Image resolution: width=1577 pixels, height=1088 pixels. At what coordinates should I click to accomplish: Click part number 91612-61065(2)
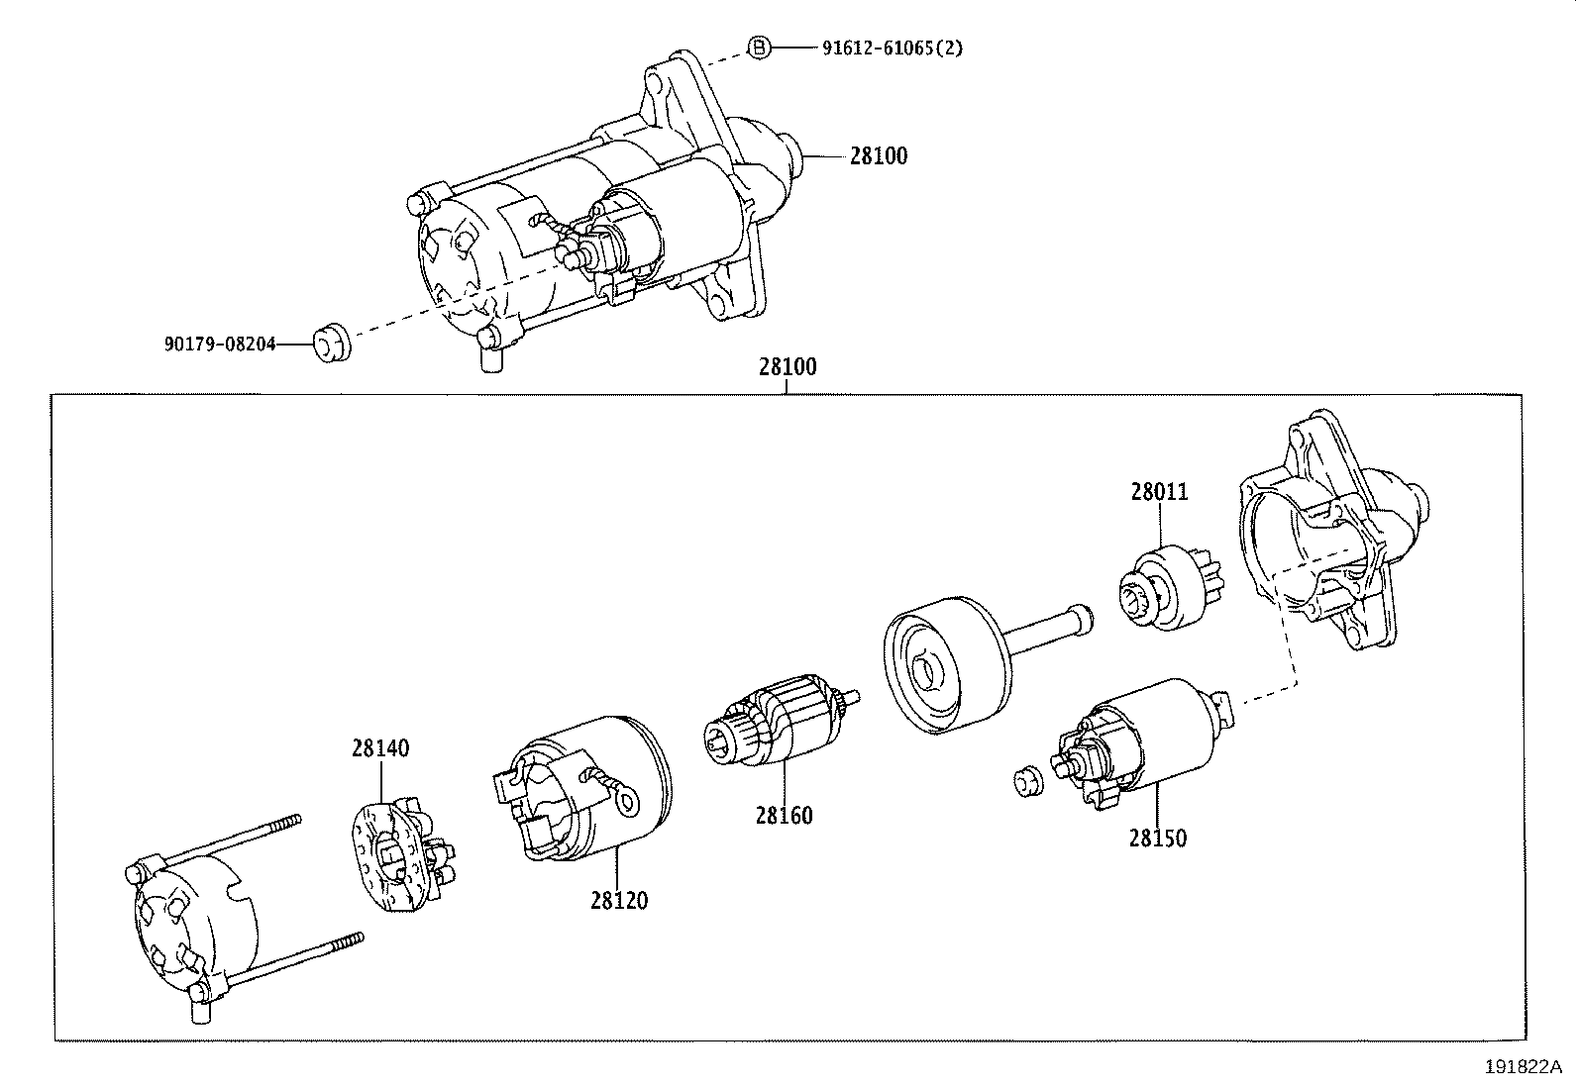pyautogui.click(x=891, y=48)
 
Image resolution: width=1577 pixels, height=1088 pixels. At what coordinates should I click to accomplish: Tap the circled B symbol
pyautogui.click(x=758, y=47)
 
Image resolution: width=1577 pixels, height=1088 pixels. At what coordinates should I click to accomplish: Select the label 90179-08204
pyautogui.click(x=220, y=345)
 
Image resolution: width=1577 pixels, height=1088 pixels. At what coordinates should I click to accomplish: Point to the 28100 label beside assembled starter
pyautogui.click(x=878, y=155)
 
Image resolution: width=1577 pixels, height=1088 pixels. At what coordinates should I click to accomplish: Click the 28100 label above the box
pyautogui.click(x=788, y=367)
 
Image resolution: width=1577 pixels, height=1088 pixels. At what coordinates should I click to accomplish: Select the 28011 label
pyautogui.click(x=1159, y=492)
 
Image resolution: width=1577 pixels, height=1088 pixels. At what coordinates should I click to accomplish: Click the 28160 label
pyautogui.click(x=784, y=815)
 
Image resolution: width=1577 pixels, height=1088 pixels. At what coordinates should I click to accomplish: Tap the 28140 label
pyautogui.click(x=379, y=748)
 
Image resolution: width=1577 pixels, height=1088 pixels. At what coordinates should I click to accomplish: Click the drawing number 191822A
pyautogui.click(x=1522, y=1067)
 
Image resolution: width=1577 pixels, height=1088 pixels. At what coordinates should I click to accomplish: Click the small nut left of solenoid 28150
pyautogui.click(x=1026, y=781)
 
